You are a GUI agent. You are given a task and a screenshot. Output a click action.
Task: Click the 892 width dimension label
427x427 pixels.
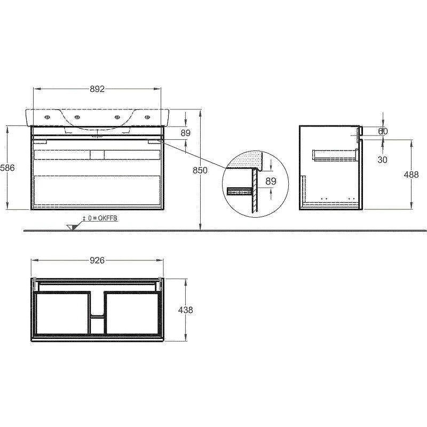pos(97,89)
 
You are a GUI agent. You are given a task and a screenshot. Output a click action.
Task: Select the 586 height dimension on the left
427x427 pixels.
pos(7,168)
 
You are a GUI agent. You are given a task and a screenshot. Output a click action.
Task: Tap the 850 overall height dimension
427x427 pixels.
pos(200,170)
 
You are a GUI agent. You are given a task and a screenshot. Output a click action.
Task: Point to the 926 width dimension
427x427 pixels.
pos(97,260)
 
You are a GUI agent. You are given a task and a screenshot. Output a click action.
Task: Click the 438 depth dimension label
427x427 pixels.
pos(185,310)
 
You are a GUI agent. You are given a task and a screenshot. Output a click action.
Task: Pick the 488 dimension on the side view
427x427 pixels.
pos(411,175)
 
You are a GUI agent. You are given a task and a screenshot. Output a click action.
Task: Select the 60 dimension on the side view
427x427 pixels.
pos(383,131)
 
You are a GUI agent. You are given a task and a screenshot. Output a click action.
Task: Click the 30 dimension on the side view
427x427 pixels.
pos(382,160)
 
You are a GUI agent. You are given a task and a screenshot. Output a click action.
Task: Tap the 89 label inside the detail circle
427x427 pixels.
pos(271,181)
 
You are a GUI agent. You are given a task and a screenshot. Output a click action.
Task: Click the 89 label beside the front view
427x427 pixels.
pos(186,133)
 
